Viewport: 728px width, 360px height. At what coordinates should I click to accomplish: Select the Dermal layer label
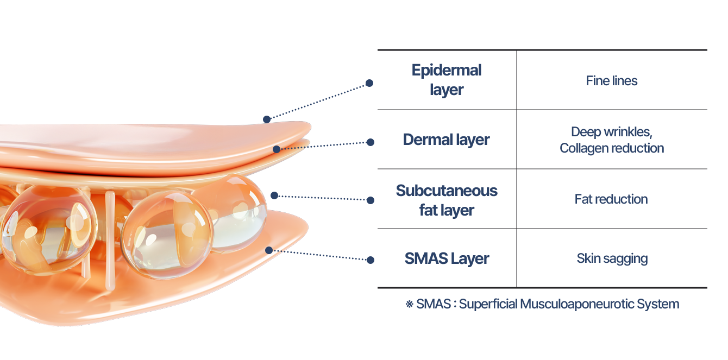447,140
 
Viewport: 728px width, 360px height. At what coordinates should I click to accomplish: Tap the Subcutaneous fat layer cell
447,200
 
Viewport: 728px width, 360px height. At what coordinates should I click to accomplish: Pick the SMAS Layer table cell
447,258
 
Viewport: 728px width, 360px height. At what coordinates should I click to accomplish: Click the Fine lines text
612,81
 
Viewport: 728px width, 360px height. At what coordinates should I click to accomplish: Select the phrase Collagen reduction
612,148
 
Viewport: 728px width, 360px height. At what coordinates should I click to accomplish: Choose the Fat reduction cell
611,199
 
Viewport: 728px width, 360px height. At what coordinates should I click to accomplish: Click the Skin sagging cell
612,258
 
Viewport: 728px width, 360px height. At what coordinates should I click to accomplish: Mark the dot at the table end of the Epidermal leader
369,83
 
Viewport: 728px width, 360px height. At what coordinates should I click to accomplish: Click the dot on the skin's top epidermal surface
266,119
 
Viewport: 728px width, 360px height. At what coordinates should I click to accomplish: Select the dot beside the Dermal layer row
371,142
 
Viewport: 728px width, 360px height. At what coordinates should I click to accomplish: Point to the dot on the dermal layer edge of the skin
277,149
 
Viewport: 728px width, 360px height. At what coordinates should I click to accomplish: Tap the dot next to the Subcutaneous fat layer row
371,200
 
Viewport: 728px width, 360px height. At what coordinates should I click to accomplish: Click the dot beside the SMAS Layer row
371,260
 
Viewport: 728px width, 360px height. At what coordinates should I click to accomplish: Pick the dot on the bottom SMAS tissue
268,250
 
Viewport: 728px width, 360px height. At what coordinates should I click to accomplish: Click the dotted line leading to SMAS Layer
321,255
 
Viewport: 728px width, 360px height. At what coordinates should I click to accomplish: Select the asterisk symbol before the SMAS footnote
409,304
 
